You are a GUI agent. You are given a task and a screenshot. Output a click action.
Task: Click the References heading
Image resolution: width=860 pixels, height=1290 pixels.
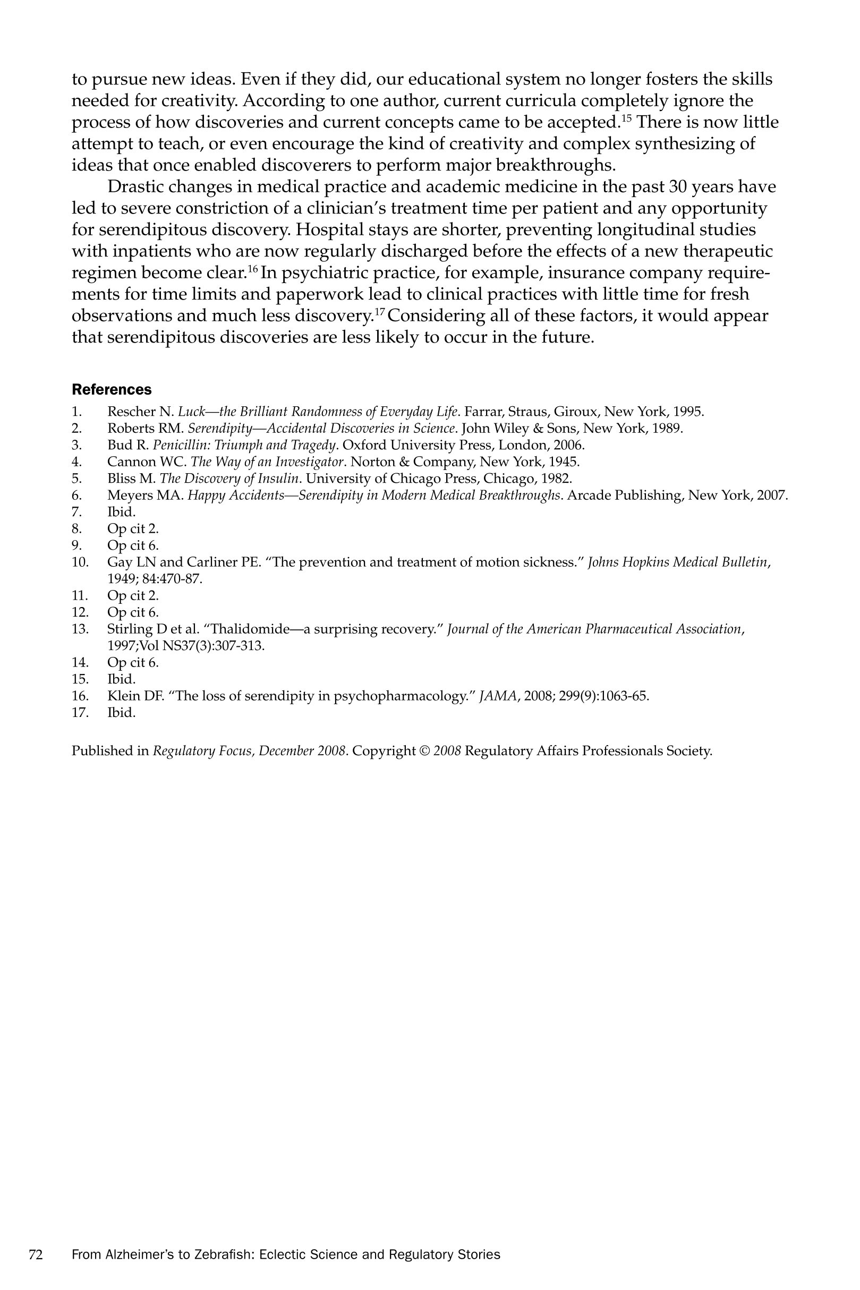click(x=112, y=389)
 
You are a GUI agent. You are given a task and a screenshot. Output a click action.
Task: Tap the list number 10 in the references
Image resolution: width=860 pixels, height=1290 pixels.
click(x=80, y=562)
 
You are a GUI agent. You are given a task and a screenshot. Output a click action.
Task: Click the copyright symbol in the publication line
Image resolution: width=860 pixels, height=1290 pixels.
click(x=424, y=751)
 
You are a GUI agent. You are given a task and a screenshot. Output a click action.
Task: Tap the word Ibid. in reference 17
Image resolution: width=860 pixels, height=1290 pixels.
click(x=121, y=713)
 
